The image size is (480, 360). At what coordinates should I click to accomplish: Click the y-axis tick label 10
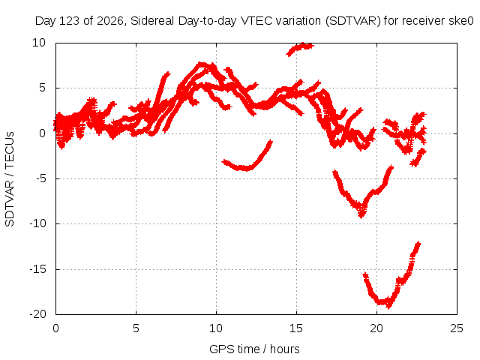39,43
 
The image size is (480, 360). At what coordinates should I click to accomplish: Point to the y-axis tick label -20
37,314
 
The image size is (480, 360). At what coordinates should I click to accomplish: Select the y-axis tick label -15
37,269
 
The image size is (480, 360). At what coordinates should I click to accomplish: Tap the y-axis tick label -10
37,223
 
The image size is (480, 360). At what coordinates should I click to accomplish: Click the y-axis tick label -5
40,178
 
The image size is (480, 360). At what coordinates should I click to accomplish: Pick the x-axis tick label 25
457,328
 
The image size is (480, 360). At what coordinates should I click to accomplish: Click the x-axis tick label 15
296,328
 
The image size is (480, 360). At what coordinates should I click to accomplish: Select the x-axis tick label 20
376,328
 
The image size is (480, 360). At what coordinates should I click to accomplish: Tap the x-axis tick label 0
55,328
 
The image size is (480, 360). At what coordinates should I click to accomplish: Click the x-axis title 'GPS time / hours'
254,349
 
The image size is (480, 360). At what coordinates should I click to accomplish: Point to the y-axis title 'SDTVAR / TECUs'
10,179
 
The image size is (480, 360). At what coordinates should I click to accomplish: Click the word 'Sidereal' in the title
152,21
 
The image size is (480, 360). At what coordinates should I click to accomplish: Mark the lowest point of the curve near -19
388,306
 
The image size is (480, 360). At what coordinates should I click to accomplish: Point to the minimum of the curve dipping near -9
361,216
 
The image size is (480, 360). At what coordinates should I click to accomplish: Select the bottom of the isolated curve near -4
245,169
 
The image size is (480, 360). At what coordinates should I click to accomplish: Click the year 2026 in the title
109,21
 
